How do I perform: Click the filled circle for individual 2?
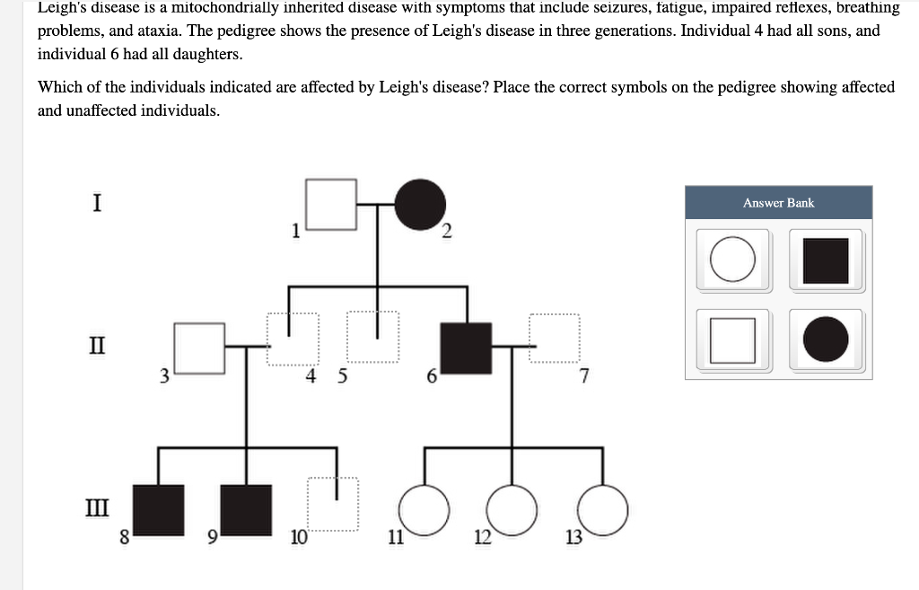point(421,205)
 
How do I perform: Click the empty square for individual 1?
point(332,205)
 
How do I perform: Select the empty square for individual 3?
point(198,348)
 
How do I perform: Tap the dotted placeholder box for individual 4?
point(293,339)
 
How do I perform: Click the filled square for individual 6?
point(466,348)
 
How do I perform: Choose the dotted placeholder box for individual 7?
point(555,338)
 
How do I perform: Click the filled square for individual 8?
point(159,510)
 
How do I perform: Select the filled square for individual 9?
point(246,510)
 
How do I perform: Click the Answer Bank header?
point(778,203)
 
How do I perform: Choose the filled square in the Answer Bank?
point(826,260)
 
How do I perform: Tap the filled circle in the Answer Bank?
point(826,340)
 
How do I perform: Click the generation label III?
point(97,509)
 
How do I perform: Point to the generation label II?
point(97,345)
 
